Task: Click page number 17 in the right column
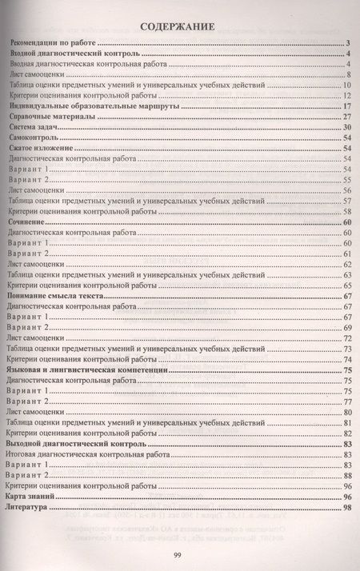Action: click(x=348, y=106)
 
